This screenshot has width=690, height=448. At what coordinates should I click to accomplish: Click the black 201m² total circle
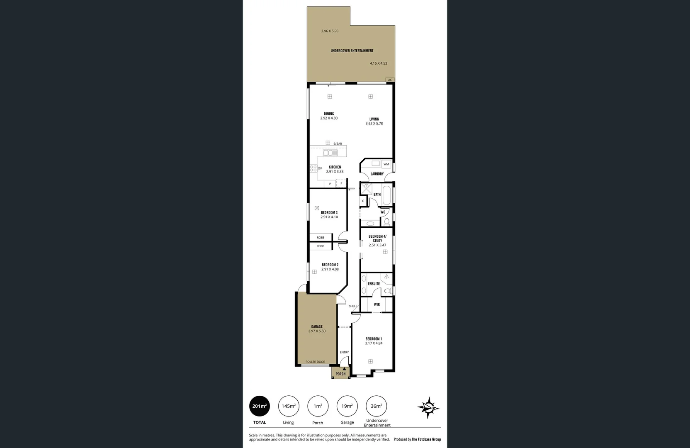(259, 406)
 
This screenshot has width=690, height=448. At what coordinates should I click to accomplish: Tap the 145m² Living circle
(289, 406)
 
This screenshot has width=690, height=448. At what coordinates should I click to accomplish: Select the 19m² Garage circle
(347, 406)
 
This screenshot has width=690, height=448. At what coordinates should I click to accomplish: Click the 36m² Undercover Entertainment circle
(377, 406)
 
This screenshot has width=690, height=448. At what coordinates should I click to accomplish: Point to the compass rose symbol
(429, 407)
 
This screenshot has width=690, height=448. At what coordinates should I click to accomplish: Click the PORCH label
(340, 374)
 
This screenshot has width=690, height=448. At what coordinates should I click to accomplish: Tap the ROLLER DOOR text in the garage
(315, 362)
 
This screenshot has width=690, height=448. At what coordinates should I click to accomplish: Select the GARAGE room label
(317, 326)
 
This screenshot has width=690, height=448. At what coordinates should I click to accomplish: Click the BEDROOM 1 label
(374, 339)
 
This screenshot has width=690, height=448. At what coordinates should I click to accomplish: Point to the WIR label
(377, 304)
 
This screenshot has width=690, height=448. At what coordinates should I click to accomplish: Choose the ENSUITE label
(374, 284)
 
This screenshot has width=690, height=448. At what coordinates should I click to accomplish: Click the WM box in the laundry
(386, 164)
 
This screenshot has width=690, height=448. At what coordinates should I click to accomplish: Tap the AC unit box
(390, 80)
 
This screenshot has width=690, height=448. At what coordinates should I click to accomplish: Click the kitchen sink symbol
(330, 153)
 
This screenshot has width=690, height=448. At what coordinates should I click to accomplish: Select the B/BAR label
(338, 144)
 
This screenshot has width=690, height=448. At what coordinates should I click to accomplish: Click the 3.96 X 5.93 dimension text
(330, 31)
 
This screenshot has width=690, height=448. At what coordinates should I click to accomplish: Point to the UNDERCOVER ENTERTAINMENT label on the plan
(352, 51)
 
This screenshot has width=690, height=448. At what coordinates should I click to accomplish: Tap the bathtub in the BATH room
(386, 195)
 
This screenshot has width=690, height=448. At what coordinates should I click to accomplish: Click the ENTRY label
(344, 352)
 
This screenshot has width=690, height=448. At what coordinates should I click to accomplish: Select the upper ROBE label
(321, 238)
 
